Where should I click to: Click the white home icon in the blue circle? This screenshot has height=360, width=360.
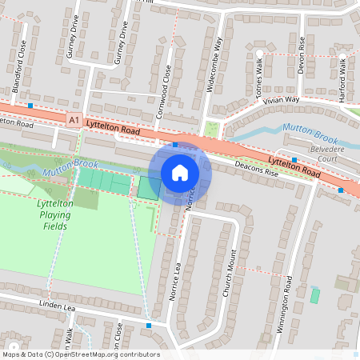[x=180, y=173]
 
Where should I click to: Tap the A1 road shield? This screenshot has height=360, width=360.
[x=74, y=121]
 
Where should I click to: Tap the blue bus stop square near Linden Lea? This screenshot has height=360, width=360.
[x=149, y=326]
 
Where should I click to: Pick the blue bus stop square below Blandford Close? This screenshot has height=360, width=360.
[x=30, y=106]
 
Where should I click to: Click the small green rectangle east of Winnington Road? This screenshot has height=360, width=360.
[x=314, y=295]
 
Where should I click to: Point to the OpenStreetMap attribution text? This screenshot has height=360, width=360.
[x=80, y=354]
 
